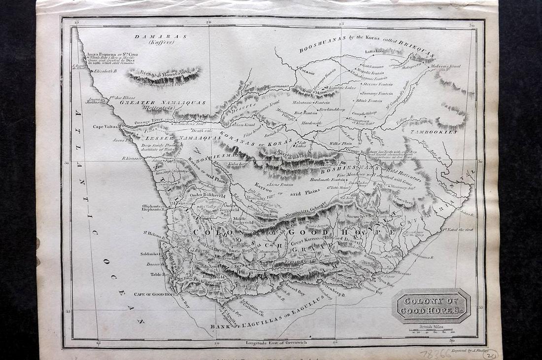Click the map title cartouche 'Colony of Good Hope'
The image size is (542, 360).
pos(431,306)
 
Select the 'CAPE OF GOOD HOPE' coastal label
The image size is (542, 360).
pos(155,294)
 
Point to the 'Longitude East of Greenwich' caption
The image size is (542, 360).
pos(273,342)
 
